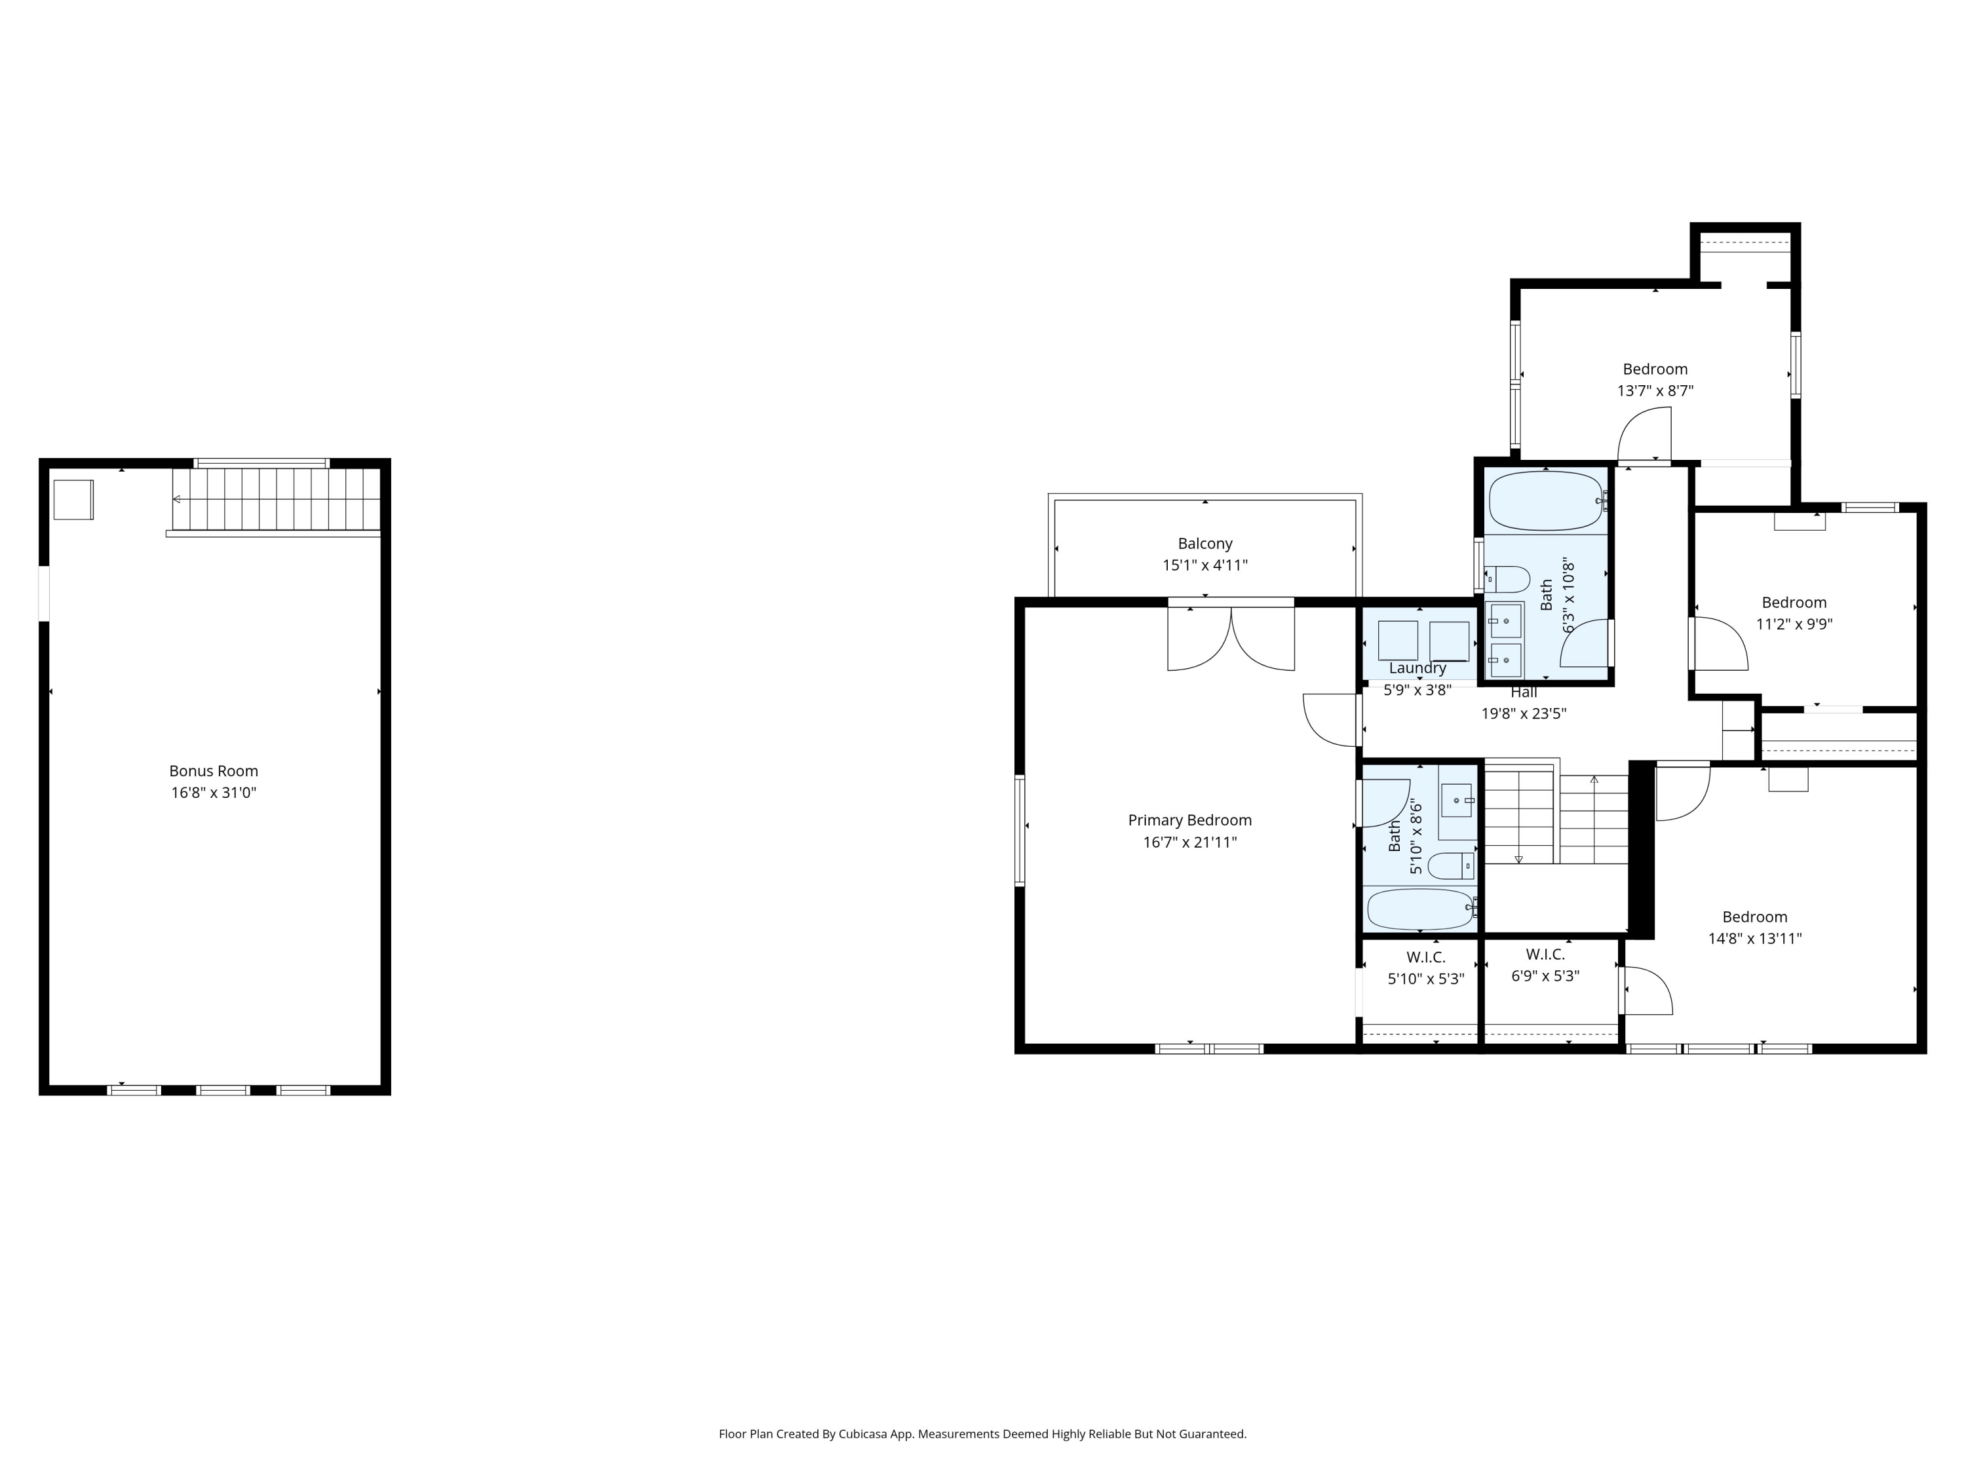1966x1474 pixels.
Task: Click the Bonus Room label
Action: click(213, 771)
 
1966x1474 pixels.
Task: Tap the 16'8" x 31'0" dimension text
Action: click(213, 793)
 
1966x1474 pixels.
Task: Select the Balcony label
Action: click(1205, 544)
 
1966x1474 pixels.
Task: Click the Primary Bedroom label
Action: click(1189, 820)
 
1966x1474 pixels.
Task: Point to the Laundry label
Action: click(1417, 668)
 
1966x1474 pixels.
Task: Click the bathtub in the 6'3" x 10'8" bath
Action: click(1545, 501)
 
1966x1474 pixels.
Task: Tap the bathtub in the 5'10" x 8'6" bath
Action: click(1420, 909)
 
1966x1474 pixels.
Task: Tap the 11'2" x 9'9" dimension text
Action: click(1794, 624)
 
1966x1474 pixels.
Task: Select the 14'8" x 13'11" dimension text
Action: click(1754, 938)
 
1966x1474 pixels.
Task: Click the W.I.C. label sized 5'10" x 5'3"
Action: click(1425, 957)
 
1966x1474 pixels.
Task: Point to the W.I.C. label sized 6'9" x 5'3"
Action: click(1545, 954)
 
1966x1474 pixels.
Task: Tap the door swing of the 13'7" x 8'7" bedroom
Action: click(1646, 436)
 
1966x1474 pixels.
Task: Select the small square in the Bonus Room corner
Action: click(73, 499)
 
